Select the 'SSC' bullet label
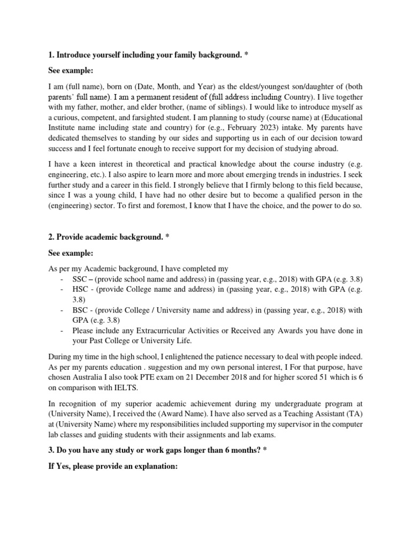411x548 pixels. tap(80, 279)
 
